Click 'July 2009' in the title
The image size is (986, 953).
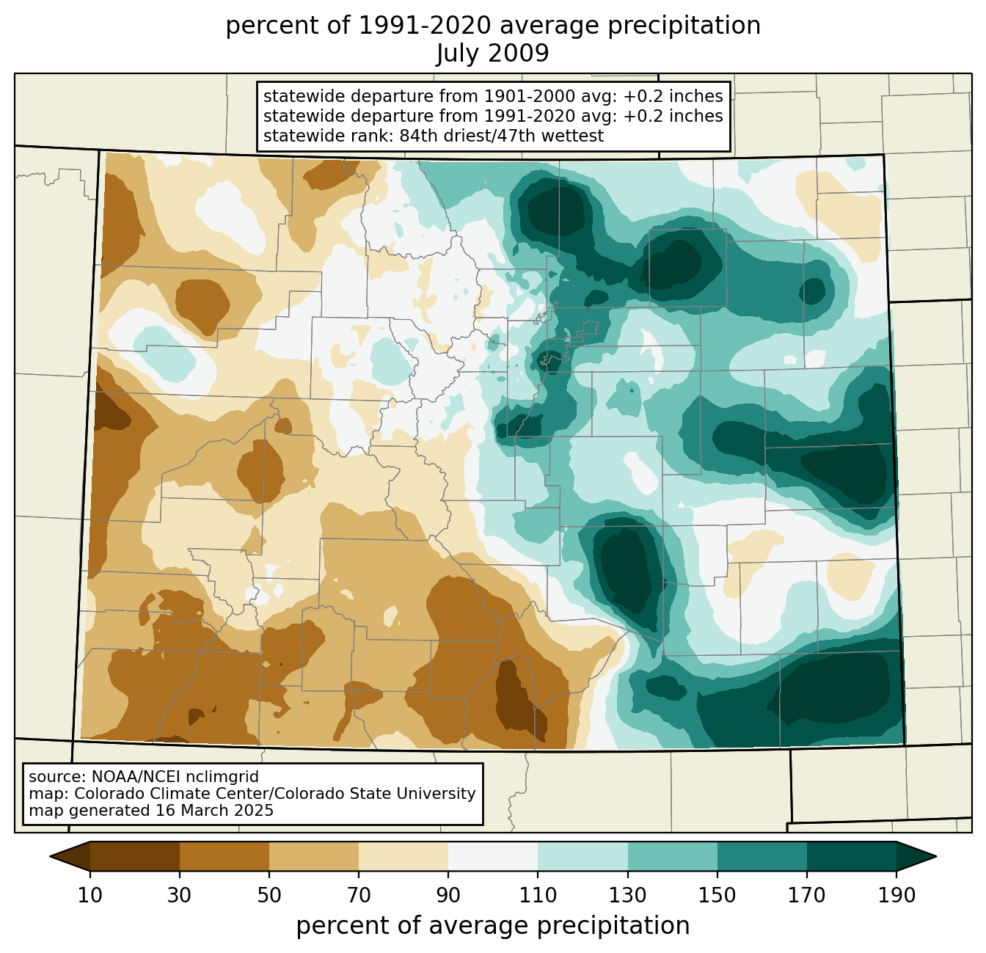point(492,53)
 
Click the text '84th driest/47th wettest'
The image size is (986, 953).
point(502,136)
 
